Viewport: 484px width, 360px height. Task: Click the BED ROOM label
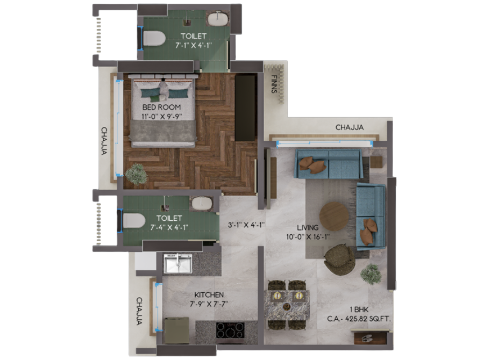[161, 107]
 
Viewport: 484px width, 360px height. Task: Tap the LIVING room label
[308, 228]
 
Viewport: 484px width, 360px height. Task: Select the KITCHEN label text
[209, 294]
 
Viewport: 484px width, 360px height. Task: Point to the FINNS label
[274, 84]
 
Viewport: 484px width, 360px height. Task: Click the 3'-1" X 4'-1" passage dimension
[246, 225]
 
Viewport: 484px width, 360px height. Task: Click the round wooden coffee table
[334, 217]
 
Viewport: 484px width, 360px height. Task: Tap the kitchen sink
[178, 264]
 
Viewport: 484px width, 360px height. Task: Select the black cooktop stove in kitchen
[230, 330]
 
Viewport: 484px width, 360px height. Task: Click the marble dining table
[287, 305]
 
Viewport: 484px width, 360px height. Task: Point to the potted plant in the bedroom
[136, 174]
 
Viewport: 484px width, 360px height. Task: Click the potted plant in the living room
[371, 273]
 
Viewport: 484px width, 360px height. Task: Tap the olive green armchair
[339, 260]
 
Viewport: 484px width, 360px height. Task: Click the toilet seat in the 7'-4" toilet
[133, 220]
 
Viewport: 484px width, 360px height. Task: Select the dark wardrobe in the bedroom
[245, 107]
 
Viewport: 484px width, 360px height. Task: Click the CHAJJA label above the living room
[350, 127]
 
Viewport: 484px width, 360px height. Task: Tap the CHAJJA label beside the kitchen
[139, 311]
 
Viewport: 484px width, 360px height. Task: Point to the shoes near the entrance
[367, 339]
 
